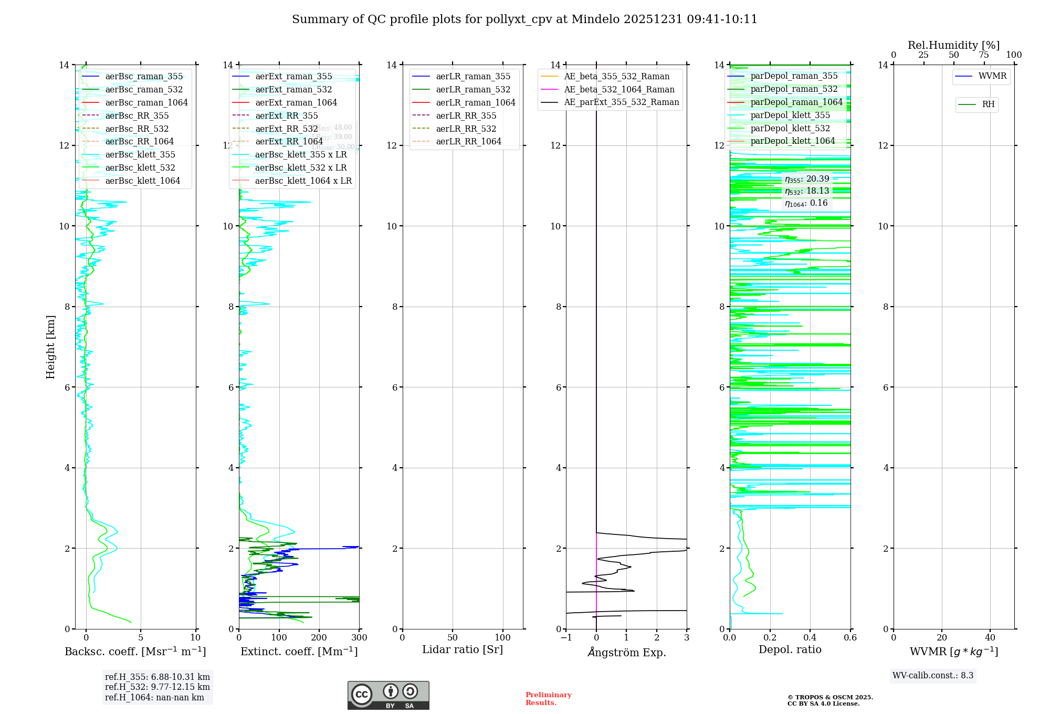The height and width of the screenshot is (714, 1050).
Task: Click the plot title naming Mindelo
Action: click(524, 19)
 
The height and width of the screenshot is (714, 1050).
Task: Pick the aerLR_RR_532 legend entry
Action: click(466, 129)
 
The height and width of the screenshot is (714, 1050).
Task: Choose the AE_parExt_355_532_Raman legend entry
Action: click(621, 102)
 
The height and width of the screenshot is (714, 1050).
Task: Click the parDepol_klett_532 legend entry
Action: click(790, 128)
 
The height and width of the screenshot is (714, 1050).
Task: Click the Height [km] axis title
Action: click(50, 346)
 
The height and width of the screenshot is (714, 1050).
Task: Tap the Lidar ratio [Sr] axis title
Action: click(463, 649)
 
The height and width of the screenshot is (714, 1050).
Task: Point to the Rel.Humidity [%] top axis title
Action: click(953, 45)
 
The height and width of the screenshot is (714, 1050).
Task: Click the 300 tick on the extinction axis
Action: click(360, 638)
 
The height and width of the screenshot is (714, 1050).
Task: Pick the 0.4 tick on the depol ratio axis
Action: click(810, 638)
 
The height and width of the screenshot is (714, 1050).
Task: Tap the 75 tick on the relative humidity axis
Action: click(984, 55)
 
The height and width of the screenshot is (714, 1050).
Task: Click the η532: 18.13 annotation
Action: click(807, 191)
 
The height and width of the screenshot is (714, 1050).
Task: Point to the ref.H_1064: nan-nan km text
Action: click(154, 697)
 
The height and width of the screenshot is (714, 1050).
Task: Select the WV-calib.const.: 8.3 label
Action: click(933, 676)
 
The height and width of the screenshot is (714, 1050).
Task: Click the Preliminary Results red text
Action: click(548, 699)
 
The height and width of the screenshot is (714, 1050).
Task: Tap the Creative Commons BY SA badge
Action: click(388, 696)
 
